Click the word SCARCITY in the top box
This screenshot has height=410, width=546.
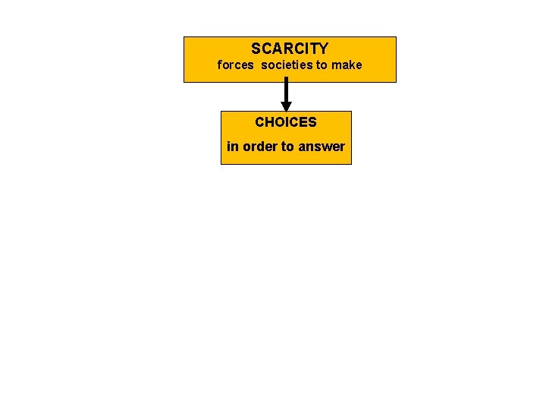point(290,49)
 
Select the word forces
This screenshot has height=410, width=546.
point(235,65)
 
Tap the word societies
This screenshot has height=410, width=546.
point(287,65)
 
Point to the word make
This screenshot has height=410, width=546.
point(347,65)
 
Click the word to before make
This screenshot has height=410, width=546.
point(322,65)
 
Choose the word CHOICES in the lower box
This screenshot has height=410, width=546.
point(286,122)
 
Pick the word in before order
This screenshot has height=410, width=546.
point(232,147)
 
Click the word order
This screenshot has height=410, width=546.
point(259,147)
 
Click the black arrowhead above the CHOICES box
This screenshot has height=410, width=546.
point(286,106)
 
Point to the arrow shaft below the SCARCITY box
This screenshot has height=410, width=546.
point(286,91)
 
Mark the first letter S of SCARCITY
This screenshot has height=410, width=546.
point(256,49)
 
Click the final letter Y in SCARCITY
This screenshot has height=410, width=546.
point(323,49)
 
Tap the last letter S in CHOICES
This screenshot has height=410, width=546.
point(312,122)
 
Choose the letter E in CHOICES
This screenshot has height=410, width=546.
point(304,122)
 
